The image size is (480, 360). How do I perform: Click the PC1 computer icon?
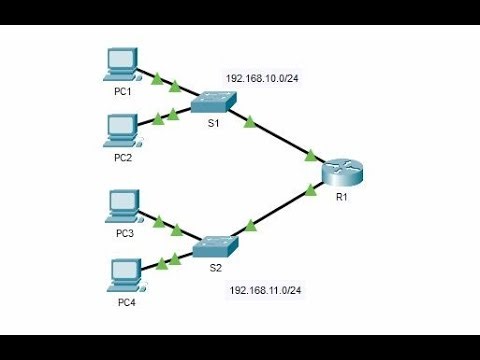122,64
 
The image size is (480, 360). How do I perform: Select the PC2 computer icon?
123,128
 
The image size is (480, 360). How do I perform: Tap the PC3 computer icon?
123,205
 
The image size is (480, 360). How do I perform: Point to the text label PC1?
122,90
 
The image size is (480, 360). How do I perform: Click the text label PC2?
122,156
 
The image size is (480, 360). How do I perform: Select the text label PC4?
124,300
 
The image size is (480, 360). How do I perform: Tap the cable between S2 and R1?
280,212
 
